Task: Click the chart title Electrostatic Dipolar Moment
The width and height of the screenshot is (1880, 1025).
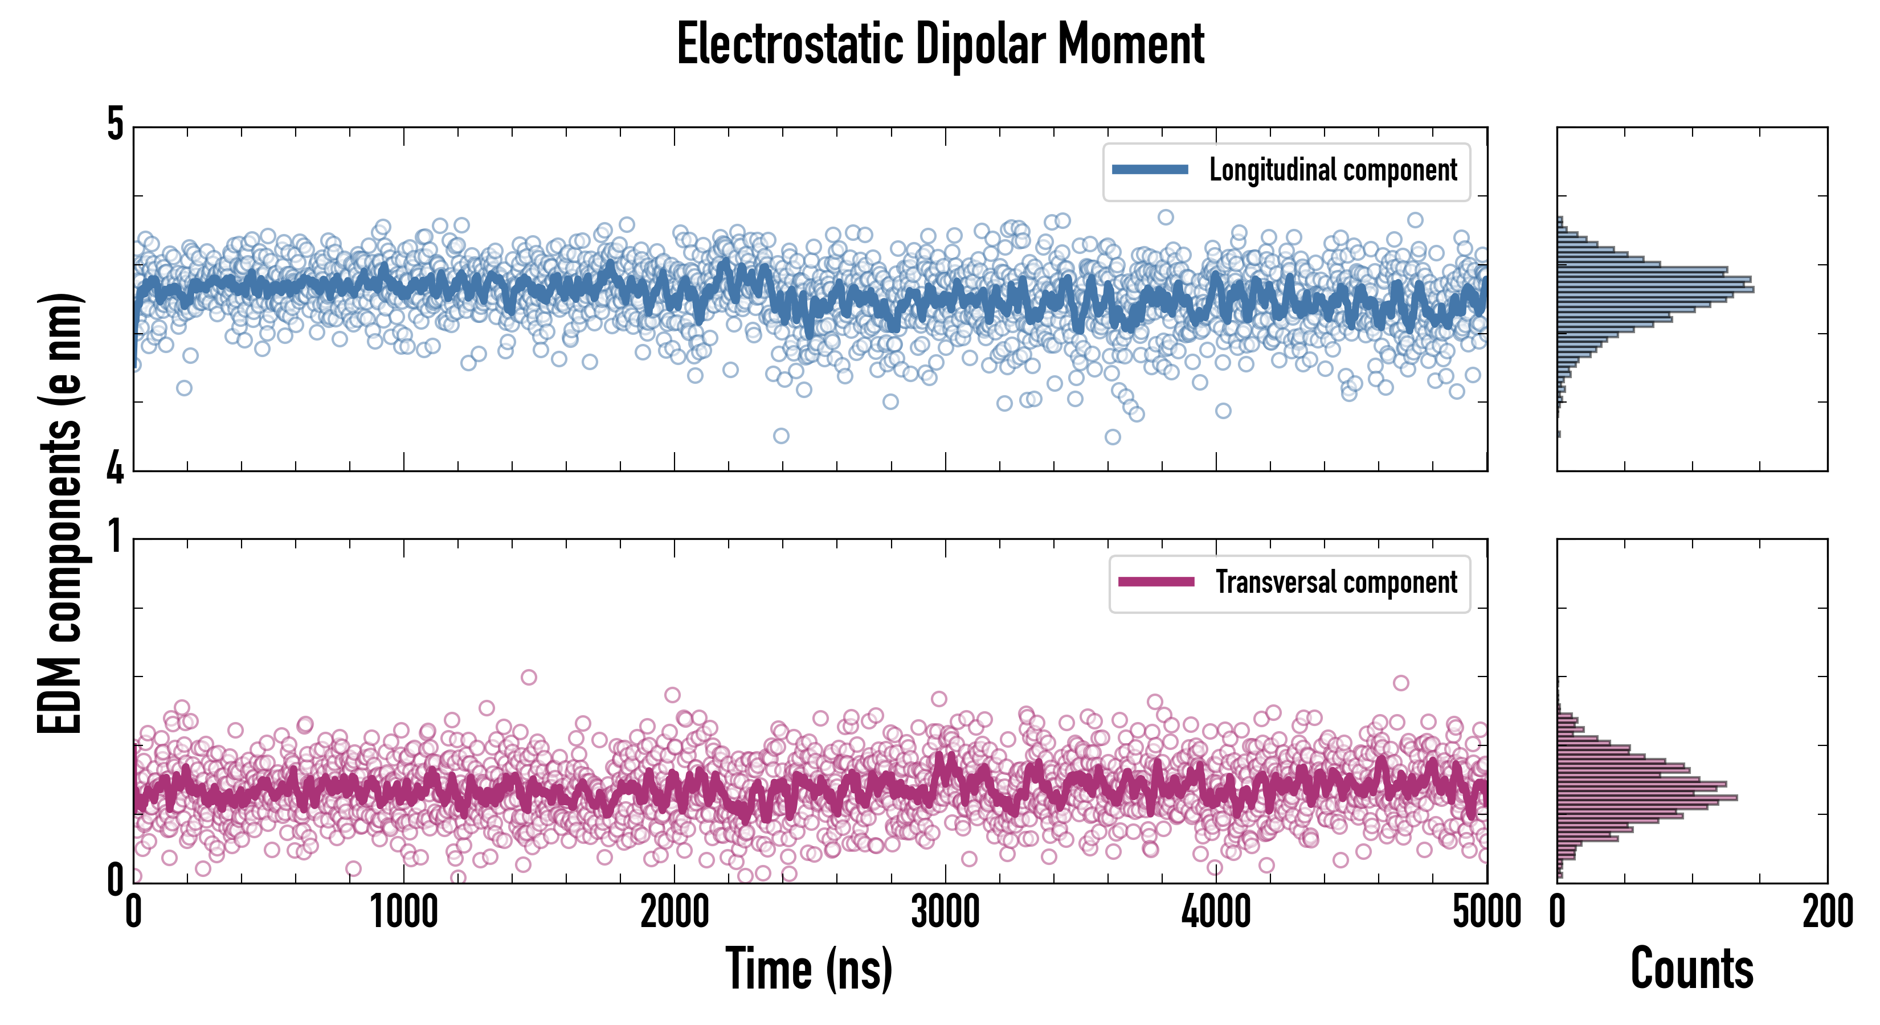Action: [x=940, y=45]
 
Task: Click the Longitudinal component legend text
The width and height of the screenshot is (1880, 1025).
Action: [x=1333, y=171]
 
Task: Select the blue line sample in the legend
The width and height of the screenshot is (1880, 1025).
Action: [x=1150, y=170]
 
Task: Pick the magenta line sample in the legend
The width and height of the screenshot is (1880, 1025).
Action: [x=1156, y=582]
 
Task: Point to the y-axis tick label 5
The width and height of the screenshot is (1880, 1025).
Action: [x=115, y=125]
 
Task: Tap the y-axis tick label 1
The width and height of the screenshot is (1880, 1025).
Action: [x=115, y=537]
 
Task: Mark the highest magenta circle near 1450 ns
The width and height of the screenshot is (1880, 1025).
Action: [x=528, y=677]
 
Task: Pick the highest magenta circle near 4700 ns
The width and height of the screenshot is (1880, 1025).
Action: [x=1400, y=683]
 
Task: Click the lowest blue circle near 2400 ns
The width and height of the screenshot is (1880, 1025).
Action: [x=781, y=436]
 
